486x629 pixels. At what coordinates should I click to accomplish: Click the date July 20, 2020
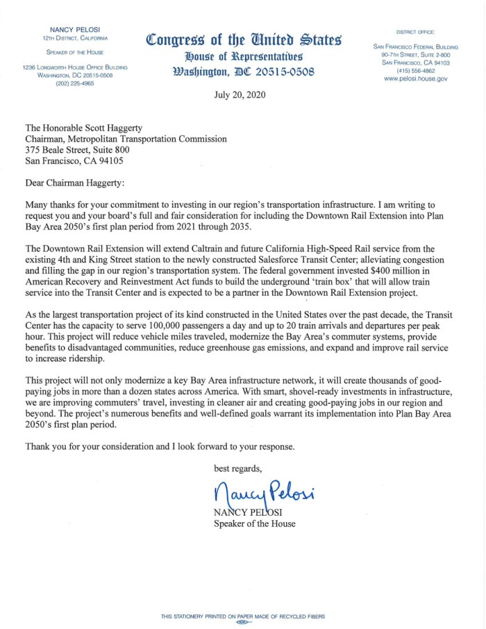coord(242,95)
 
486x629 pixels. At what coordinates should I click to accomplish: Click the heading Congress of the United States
coord(242,40)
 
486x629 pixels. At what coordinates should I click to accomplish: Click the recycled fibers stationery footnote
coord(242,616)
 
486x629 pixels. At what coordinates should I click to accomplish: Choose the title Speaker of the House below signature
coord(253,523)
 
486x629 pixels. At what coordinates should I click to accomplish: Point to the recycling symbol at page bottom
coord(242,623)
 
